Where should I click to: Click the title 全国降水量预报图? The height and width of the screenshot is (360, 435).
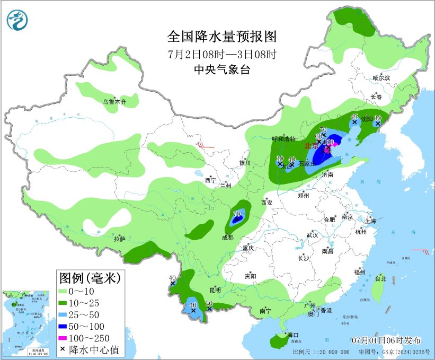point(222,37)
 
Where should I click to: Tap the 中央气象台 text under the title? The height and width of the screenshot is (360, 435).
point(222,69)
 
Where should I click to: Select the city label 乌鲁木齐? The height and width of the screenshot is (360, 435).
point(114,101)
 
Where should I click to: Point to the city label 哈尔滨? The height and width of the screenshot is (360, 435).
point(381,78)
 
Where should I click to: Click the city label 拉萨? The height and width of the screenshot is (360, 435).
point(119,239)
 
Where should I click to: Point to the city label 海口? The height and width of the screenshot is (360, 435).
point(292,335)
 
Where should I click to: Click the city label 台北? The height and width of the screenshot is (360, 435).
point(380,278)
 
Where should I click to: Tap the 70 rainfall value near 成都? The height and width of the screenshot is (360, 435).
point(237,214)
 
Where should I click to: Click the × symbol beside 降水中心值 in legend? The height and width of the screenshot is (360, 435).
point(63,349)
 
